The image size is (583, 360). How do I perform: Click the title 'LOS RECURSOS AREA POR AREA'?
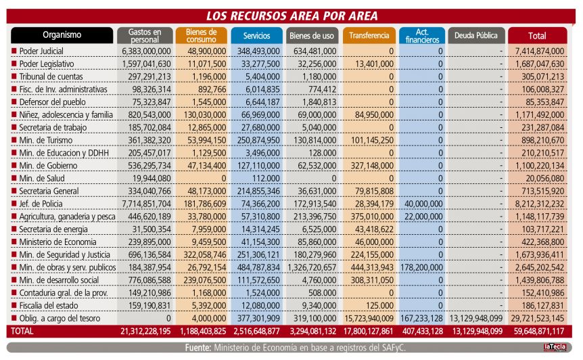tap(292, 16)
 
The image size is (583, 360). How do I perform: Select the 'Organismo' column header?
tap(62, 35)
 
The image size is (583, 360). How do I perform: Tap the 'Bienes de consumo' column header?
tap(201, 35)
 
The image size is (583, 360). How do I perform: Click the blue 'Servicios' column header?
tap(256, 35)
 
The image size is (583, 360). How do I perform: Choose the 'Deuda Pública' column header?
tap(476, 35)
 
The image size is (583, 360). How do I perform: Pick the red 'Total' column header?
tap(537, 35)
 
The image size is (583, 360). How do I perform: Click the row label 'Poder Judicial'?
tap(41, 51)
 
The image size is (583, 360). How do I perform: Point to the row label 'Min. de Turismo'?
tap(46, 140)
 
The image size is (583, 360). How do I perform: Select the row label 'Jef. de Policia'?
tap(41, 204)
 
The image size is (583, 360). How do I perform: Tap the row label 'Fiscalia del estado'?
tap(49, 306)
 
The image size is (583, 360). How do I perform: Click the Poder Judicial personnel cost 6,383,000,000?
tap(146, 51)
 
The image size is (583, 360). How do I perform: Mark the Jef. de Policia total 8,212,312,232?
tap(540, 204)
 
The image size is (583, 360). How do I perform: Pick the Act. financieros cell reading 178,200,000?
tap(421, 267)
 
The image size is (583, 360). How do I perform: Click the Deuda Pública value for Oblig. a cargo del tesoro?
tap(476, 318)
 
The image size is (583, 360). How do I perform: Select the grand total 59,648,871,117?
tap(539, 331)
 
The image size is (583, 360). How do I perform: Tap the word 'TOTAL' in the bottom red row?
tap(22, 331)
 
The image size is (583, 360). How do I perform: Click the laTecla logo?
tap(555, 347)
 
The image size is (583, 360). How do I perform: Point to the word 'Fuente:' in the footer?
tap(198, 347)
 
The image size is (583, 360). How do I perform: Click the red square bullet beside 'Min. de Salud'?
tap(14, 178)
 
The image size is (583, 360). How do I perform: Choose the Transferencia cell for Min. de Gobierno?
tap(372, 166)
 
